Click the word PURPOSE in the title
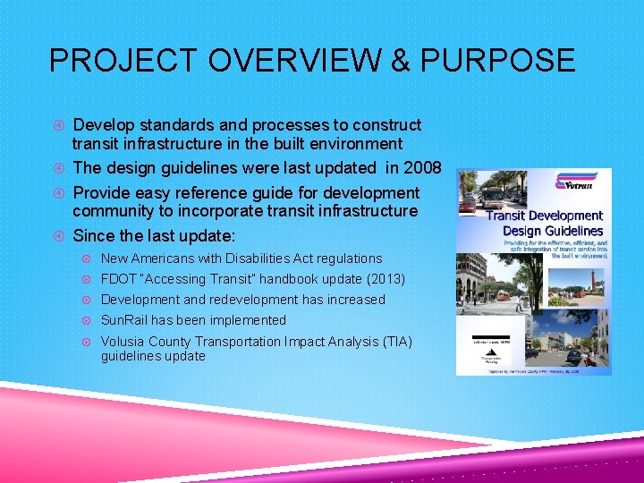pyautogui.click(x=497, y=60)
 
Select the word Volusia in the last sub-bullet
pyautogui.click(x=123, y=342)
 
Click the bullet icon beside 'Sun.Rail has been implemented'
pyautogui.click(x=88, y=320)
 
